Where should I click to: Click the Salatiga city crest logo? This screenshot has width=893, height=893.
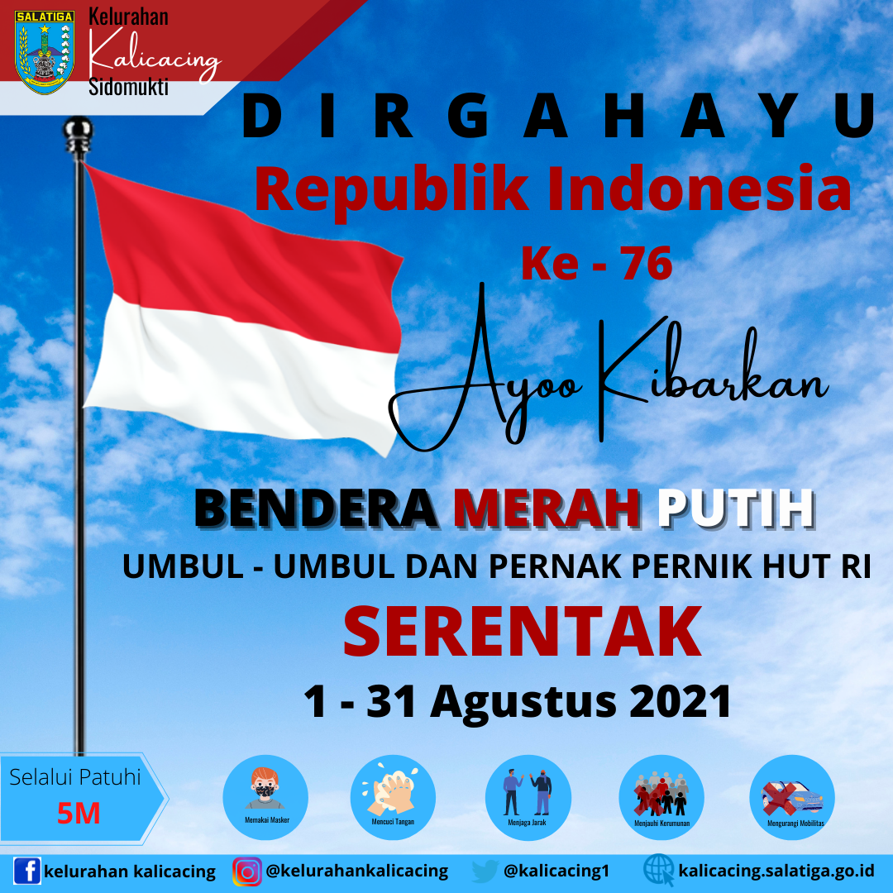click(45, 52)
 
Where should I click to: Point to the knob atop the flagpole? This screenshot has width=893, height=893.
click(78, 136)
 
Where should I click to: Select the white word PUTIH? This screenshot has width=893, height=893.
click(736, 508)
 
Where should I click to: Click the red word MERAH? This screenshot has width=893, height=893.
click(547, 508)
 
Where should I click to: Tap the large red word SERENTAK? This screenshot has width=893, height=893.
click(523, 631)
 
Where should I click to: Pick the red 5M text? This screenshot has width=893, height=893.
click(79, 814)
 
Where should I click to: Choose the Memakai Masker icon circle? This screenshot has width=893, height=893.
click(265, 797)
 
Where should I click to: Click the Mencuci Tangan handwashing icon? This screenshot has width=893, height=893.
click(393, 797)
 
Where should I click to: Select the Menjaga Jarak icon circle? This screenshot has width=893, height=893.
click(528, 797)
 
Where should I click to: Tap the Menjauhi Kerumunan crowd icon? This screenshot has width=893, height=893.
click(661, 797)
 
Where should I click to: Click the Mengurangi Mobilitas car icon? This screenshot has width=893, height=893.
click(792, 797)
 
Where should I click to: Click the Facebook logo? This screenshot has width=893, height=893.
click(26, 871)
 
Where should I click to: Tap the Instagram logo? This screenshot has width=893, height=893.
click(247, 872)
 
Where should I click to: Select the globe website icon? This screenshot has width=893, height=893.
click(658, 870)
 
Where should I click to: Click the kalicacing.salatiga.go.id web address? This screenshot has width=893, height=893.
click(776, 872)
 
